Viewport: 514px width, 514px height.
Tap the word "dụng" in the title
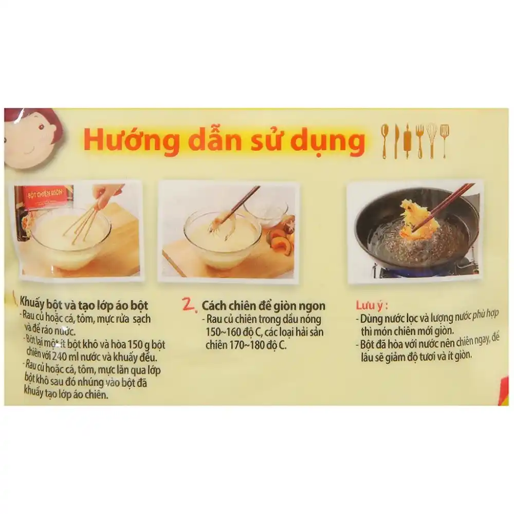coord(328,142)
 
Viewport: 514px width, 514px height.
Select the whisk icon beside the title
coord(431,140)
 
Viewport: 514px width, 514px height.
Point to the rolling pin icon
coord(407,140)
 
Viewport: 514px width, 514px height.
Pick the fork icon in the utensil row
coord(419,140)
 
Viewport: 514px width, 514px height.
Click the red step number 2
coord(190,306)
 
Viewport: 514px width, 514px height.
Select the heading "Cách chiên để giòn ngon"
coord(263,306)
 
